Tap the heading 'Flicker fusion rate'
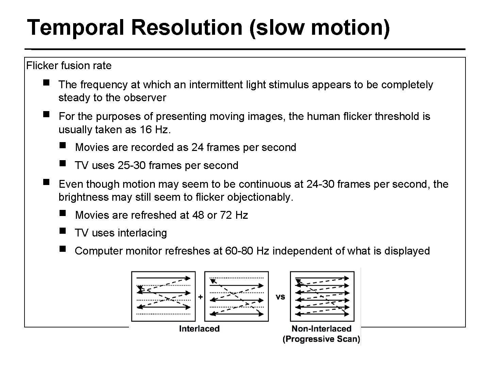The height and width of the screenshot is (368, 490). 69,65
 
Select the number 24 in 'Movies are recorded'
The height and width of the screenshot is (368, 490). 197,147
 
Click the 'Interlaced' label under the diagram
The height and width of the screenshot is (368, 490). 199,329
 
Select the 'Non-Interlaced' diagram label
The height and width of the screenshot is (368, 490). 321,329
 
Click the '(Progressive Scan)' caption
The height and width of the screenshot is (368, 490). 321,339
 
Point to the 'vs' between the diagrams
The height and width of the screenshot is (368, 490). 280,297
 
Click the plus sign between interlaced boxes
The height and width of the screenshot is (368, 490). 200,297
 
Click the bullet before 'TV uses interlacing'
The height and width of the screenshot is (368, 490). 62,231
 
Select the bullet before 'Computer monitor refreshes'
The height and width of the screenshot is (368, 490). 62,249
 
